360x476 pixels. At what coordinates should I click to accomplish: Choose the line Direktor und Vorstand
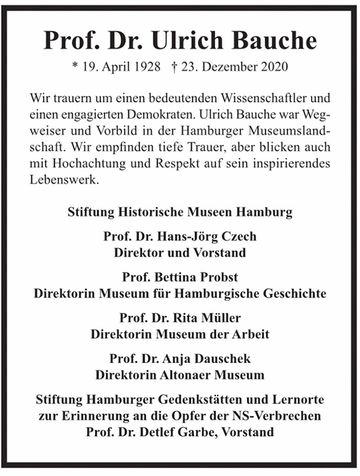pos(180,253)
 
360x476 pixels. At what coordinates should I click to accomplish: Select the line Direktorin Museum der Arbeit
pos(180,335)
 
